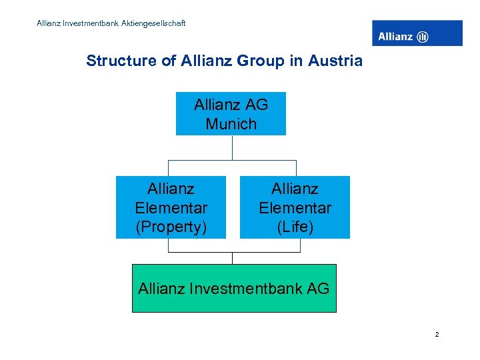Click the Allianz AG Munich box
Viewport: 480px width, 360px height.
(x=231, y=113)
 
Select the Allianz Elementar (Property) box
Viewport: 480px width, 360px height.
(x=171, y=207)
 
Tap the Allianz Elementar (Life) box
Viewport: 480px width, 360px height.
(x=295, y=207)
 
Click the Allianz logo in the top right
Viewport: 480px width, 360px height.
(x=417, y=33)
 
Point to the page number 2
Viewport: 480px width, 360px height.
(x=437, y=335)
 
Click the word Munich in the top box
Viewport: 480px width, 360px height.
(x=231, y=124)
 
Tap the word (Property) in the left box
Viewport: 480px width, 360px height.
(x=171, y=227)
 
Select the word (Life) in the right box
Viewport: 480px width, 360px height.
(x=295, y=227)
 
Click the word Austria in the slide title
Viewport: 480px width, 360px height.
(x=337, y=61)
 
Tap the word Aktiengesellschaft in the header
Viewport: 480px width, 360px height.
(x=154, y=23)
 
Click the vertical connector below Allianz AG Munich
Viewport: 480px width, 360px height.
(x=231, y=147)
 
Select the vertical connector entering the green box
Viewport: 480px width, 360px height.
(x=232, y=258)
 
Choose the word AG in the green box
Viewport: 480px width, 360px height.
(x=317, y=289)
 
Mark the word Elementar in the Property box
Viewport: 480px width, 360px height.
(x=171, y=208)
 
